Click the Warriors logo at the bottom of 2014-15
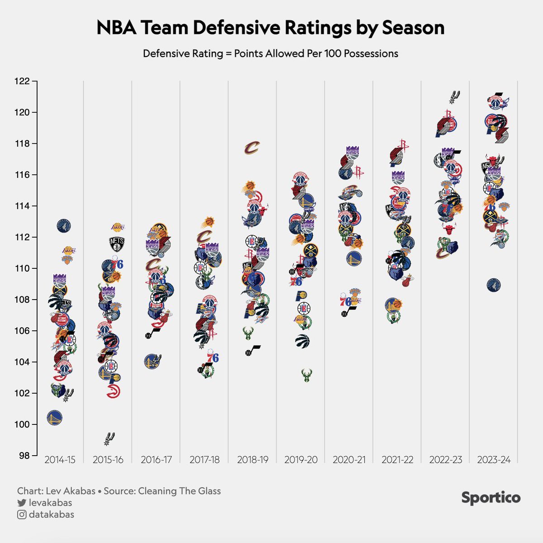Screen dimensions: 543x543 (x=54, y=418)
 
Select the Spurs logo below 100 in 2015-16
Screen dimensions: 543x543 (x=109, y=438)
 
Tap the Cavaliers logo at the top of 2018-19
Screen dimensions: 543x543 (x=252, y=148)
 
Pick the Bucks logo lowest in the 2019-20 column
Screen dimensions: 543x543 (x=307, y=375)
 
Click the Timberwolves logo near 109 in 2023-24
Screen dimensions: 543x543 (x=493, y=285)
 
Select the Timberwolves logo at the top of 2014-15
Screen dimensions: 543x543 (x=64, y=225)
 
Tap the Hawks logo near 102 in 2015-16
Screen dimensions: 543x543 (x=114, y=391)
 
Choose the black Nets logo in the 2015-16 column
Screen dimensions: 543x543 (x=116, y=244)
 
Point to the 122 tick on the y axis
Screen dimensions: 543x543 (x=34, y=81)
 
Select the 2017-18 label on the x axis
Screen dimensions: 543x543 (x=205, y=460)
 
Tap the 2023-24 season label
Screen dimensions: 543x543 (x=494, y=460)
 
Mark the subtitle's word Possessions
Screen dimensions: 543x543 (x=371, y=53)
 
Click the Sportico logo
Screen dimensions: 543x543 (x=491, y=498)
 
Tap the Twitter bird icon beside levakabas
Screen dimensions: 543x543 (x=21, y=503)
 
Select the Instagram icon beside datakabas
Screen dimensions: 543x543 (x=21, y=514)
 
